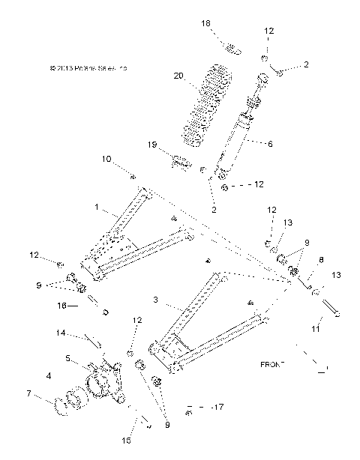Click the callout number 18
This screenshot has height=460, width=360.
206,24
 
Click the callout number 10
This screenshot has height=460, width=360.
106,158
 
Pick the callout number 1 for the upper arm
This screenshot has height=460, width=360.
96,205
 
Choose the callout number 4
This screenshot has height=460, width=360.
49,375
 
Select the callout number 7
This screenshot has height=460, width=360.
49,393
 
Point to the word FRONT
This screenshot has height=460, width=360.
273,364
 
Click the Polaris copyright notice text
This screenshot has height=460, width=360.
88,68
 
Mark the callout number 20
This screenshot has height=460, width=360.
178,76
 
